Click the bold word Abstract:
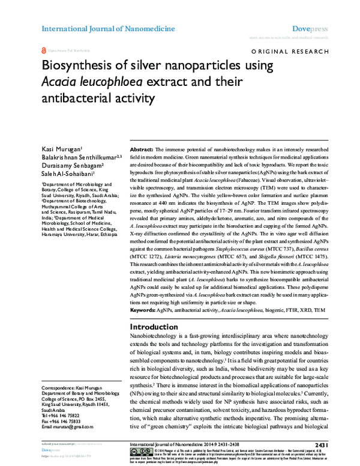(x=142, y=148)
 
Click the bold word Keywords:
(x=144, y=310)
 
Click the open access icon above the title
(x=43, y=52)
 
